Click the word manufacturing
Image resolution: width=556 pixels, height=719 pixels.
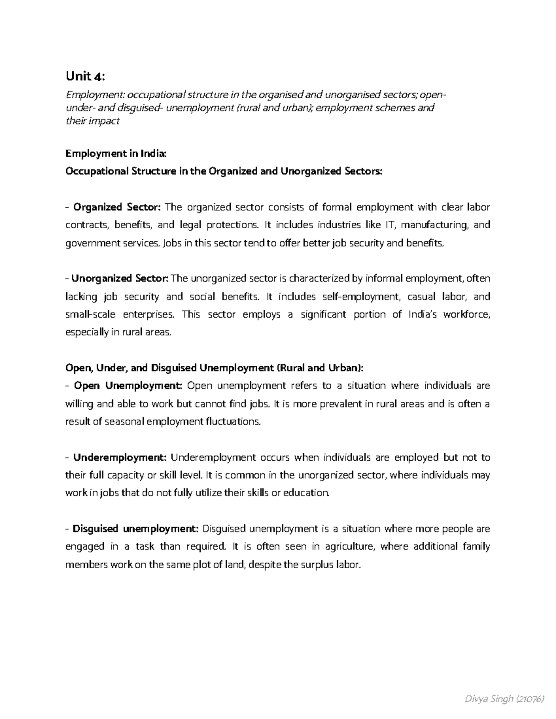point(435,225)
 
